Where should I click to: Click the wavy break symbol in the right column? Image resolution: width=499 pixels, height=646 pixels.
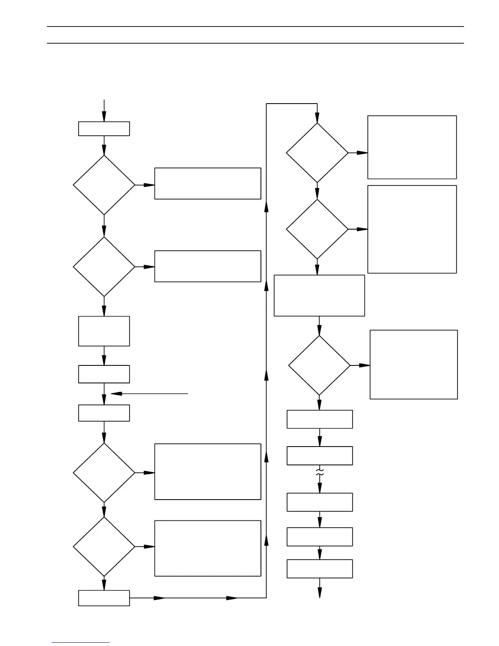click(320, 473)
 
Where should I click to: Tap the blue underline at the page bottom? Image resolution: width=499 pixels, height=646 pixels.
click(81, 643)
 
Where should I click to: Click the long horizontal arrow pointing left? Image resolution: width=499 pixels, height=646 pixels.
click(149, 394)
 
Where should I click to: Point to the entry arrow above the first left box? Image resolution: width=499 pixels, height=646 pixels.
click(104, 111)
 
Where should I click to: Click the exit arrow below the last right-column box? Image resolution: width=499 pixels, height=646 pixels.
click(320, 588)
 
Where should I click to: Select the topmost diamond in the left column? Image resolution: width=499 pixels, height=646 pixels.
click(104, 185)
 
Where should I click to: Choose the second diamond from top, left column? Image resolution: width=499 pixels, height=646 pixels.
click(104, 267)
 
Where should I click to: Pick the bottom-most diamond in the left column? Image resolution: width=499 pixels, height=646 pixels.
click(104, 546)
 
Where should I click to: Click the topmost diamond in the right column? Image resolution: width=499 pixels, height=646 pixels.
click(317, 153)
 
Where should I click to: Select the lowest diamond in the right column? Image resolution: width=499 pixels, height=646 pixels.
click(319, 365)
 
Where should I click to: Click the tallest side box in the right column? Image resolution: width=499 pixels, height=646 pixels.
click(412, 229)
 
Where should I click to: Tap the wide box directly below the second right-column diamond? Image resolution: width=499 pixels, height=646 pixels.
click(319, 295)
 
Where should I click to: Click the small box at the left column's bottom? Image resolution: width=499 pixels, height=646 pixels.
click(104, 598)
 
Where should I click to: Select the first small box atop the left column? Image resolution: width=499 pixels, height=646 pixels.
click(104, 128)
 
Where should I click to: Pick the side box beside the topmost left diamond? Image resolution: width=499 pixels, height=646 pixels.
click(208, 184)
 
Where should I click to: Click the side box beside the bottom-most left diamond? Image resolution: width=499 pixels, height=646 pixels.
click(208, 548)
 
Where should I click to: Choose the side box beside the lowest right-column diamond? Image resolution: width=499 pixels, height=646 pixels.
click(413, 365)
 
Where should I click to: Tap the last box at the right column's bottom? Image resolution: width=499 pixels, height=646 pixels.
click(320, 569)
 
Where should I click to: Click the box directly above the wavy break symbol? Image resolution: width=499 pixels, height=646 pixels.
click(320, 456)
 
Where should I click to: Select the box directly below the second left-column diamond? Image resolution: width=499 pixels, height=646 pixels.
click(104, 331)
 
